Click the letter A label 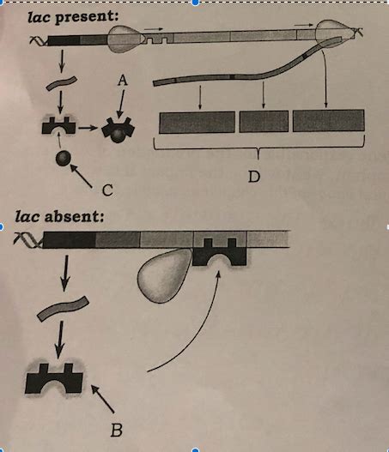(123, 78)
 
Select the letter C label (108, 188)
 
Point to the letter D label (253, 177)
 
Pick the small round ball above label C (63, 160)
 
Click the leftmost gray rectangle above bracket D (197, 121)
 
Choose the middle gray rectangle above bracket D (264, 121)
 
